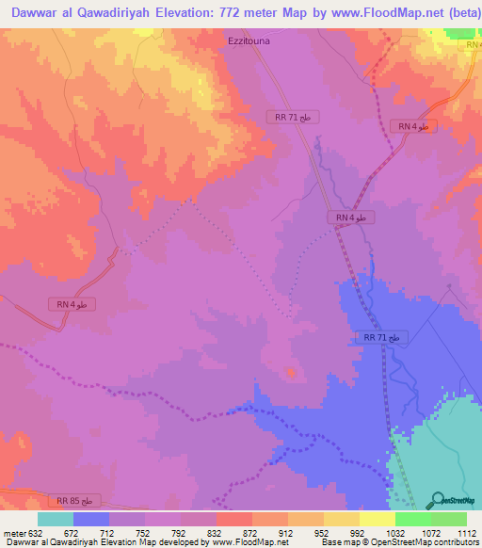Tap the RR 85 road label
tap(74, 501)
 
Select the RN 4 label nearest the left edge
tap(71, 304)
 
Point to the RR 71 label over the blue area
tap(382, 337)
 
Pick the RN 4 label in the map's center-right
tap(351, 218)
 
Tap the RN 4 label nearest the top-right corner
tap(413, 126)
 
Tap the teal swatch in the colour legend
tap(56, 519)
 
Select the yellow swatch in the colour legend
tap(378, 519)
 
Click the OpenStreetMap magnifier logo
tap(437, 499)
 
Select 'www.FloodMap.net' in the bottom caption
tap(249, 542)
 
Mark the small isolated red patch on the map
tap(291, 373)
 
